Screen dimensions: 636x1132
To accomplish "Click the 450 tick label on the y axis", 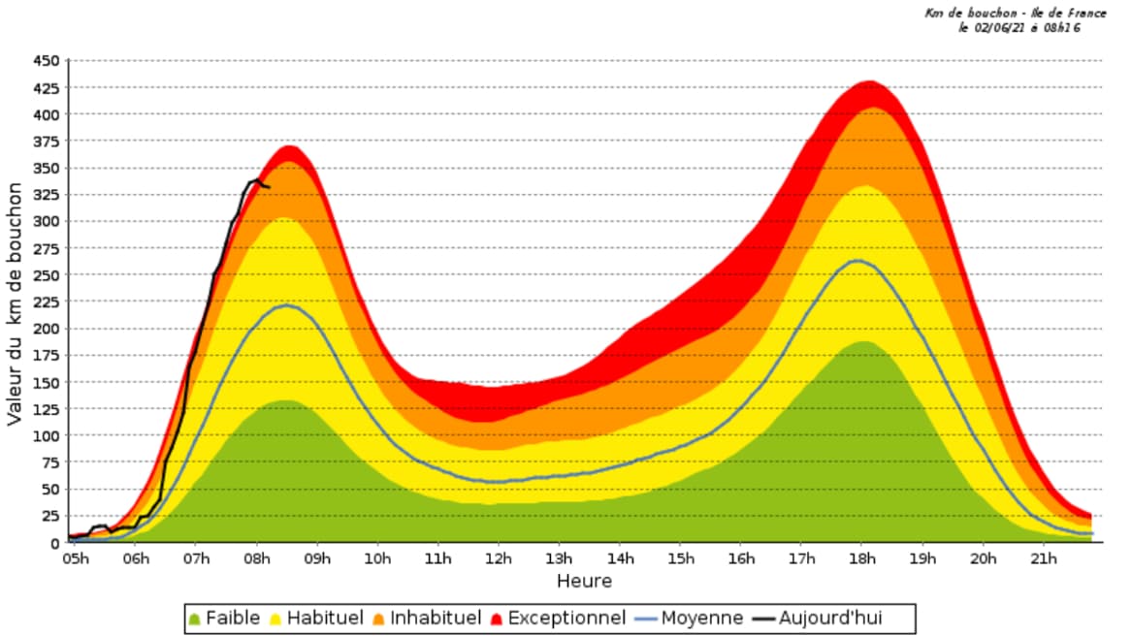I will pyautogui.click(x=46, y=61).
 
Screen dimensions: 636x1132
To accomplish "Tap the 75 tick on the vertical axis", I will pyautogui.click(x=49, y=490).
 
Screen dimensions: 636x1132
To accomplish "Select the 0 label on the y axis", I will pyautogui.click(x=54, y=543).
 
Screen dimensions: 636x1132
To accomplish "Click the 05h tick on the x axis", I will pyautogui.click(x=78, y=558).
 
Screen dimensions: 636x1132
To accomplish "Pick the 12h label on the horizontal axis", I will pyautogui.click(x=499, y=558).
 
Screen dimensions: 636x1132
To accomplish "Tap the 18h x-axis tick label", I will pyautogui.click(x=863, y=558).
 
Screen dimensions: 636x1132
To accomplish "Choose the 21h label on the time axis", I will pyautogui.click(x=1044, y=558).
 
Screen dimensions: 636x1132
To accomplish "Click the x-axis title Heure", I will pyautogui.click(x=584, y=581).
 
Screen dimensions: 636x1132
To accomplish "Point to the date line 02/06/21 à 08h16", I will pyautogui.click(x=1019, y=28).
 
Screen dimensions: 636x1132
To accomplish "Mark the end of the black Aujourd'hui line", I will pyautogui.click(x=269, y=186).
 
